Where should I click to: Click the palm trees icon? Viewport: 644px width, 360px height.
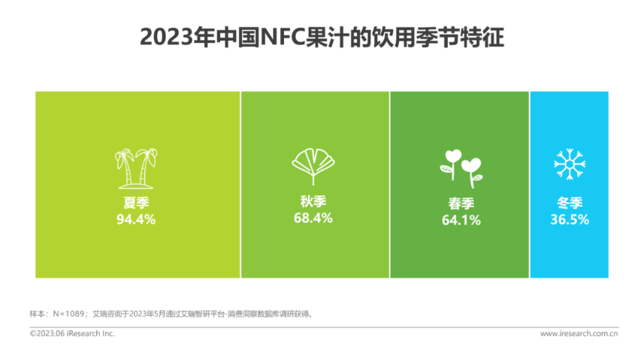(136, 168)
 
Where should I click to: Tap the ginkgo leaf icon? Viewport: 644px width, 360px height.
(313, 166)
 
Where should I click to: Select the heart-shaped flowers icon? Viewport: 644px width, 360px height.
(461, 169)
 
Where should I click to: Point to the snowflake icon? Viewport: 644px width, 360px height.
(570, 164)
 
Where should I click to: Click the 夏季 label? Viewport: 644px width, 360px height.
(136, 203)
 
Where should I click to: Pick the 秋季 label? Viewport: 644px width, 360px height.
(313, 201)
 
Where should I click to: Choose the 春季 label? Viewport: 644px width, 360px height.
(461, 204)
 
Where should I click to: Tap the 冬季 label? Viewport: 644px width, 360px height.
(570, 203)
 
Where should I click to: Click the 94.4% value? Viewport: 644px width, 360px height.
(136, 219)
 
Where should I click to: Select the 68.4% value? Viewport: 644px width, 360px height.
(313, 218)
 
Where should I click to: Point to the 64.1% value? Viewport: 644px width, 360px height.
(461, 220)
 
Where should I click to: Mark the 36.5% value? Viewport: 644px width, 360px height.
(570, 219)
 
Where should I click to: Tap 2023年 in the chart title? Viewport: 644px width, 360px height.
(177, 38)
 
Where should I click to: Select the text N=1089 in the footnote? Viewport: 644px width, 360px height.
(68, 314)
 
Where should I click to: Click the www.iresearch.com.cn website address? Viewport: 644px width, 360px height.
(579, 334)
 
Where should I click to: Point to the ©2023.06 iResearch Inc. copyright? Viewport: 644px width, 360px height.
(72, 334)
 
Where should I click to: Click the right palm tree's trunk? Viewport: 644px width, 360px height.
(144, 173)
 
